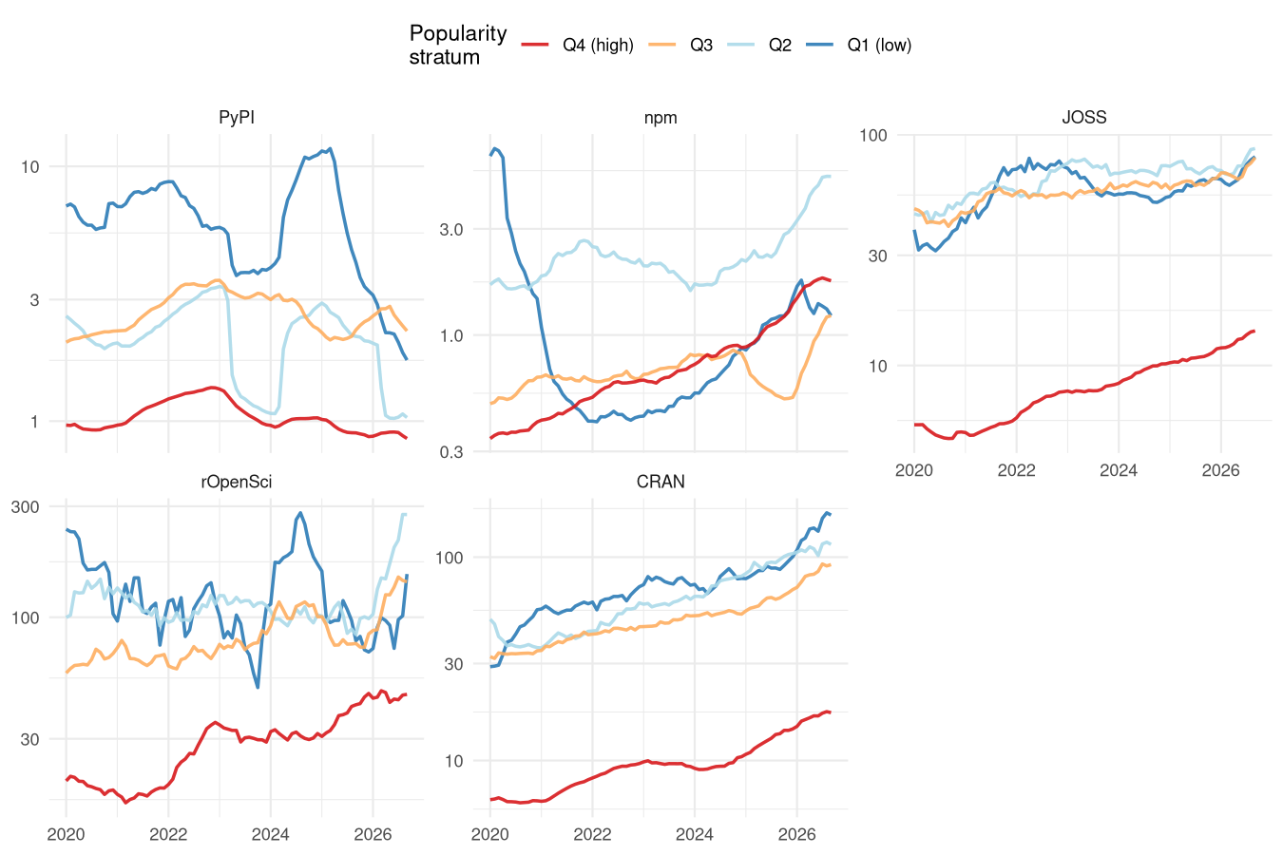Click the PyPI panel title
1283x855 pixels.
click(x=237, y=118)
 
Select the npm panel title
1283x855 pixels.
click(x=661, y=118)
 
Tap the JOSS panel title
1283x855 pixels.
click(x=1084, y=118)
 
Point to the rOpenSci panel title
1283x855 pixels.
click(x=236, y=482)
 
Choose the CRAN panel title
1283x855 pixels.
click(x=661, y=482)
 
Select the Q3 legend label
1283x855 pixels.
click(x=701, y=46)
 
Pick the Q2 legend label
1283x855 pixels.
click(x=779, y=46)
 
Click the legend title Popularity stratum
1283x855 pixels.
click(x=458, y=46)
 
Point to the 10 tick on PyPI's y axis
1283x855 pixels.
click(x=29, y=167)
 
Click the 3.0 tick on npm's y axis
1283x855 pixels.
click(x=450, y=230)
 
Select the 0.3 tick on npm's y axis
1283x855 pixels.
click(x=450, y=452)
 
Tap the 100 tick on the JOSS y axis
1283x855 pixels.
click(x=872, y=135)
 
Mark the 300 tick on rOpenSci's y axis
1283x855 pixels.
click(x=26, y=506)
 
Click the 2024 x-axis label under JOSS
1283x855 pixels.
click(x=1118, y=471)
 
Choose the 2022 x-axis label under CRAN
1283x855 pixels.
click(x=592, y=834)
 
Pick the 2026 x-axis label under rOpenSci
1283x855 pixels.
click(x=373, y=834)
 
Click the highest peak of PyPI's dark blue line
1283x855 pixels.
click(x=330, y=149)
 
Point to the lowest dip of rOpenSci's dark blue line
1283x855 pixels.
click(x=258, y=687)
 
